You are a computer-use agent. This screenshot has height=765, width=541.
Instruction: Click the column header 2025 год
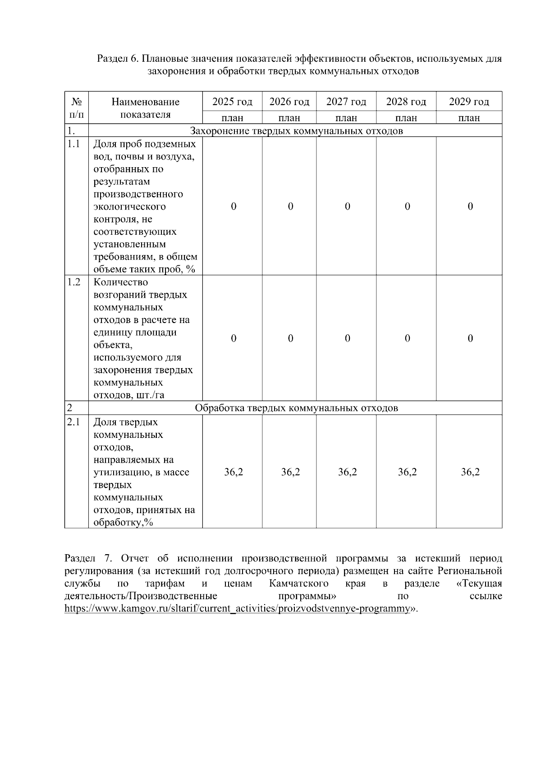(x=232, y=102)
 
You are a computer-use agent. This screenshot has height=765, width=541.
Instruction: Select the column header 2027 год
(x=346, y=102)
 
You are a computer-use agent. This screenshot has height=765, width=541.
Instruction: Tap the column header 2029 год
(x=469, y=102)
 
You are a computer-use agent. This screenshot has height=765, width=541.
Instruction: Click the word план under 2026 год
(x=289, y=118)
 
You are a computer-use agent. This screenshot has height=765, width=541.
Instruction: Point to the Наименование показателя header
(x=145, y=108)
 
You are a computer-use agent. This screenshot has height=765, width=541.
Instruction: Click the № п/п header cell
(x=76, y=108)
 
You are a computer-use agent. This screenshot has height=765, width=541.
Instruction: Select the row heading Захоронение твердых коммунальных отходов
(x=296, y=131)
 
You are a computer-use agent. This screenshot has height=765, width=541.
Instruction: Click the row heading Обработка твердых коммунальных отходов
(x=296, y=408)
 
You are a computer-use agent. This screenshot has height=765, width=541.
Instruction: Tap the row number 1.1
(x=73, y=144)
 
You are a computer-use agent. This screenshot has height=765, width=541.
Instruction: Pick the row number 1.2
(x=73, y=282)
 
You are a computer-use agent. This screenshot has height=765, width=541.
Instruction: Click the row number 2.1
(x=73, y=422)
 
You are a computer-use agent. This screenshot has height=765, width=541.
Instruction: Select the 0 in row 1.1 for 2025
(x=233, y=206)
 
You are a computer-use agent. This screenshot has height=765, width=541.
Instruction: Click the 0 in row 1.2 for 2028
(x=407, y=338)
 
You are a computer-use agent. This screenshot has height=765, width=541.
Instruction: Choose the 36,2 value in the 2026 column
(x=290, y=472)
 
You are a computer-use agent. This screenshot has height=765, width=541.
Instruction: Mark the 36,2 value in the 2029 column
(x=470, y=472)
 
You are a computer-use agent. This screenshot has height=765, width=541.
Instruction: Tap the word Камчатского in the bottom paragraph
(x=298, y=584)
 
